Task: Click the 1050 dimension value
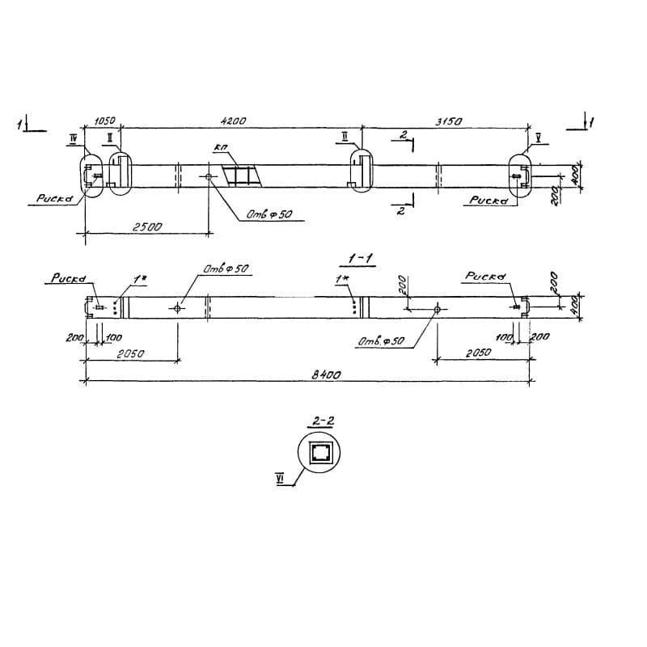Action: pos(104,121)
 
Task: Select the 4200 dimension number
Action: pos(234,121)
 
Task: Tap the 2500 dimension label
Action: pos(148,227)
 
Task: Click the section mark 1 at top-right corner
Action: pos(593,123)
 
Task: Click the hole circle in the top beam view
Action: pos(210,176)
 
